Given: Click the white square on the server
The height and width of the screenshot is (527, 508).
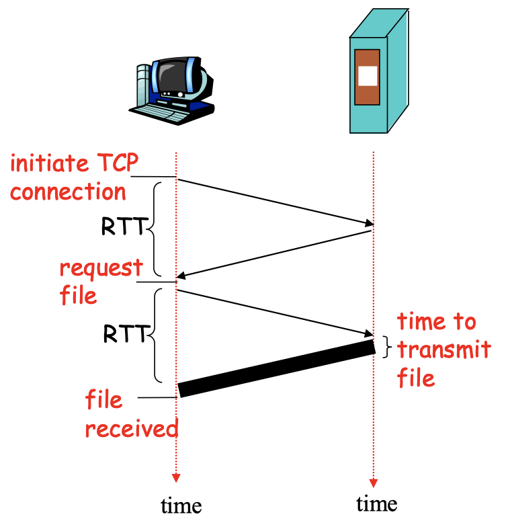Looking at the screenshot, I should coord(368,75).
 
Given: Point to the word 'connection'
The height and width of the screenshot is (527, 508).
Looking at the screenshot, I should coord(68,192).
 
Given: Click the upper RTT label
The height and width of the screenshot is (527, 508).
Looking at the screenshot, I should coord(122,227).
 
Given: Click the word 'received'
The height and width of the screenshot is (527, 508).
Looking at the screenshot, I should coord(132,428).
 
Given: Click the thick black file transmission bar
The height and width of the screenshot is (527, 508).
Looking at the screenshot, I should coord(276,368).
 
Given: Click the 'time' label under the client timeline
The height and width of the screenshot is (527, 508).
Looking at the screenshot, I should coord(181,504).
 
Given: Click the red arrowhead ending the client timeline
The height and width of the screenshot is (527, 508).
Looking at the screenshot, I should coord(176,478).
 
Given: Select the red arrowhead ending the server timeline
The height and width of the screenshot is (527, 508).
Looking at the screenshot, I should coord(374,483).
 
